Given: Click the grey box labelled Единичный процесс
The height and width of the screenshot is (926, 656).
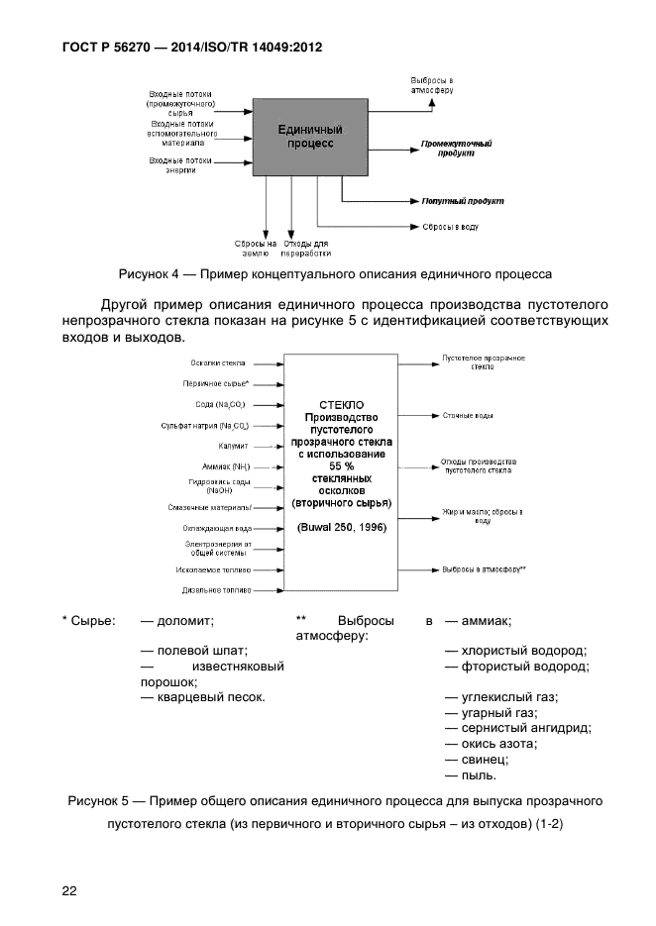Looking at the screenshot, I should pyautogui.click(x=309, y=137).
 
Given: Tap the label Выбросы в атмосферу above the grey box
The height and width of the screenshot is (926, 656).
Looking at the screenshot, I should pyautogui.click(x=432, y=84).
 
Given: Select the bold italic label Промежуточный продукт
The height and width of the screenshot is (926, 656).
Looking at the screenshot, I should pyautogui.click(x=455, y=149).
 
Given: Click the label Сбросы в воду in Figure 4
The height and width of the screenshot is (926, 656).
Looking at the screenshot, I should pyautogui.click(x=450, y=227).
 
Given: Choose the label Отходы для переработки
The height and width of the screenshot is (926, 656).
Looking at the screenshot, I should pyautogui.click(x=306, y=248).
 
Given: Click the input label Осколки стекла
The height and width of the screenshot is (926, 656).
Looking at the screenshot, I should pyautogui.click(x=219, y=363).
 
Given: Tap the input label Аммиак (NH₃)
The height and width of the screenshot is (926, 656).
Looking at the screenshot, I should pyautogui.click(x=221, y=466).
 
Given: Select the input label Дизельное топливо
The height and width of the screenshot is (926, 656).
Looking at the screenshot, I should pyautogui.click(x=214, y=590).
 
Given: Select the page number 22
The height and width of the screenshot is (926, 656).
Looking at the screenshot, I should pyautogui.click(x=69, y=890).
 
